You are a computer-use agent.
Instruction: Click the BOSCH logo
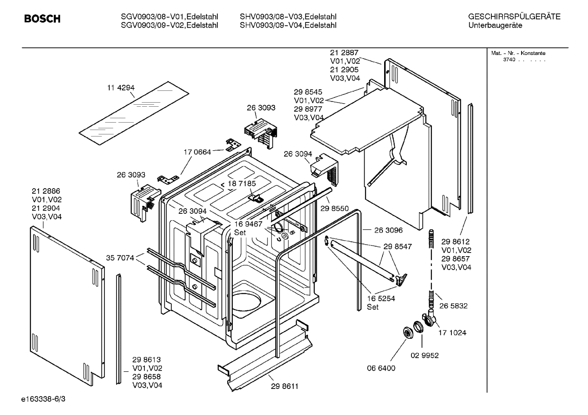pos(42,19)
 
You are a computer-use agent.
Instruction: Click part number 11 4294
pos(121,88)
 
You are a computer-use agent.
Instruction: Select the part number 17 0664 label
pos(197,152)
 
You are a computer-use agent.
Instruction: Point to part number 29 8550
pos(334,209)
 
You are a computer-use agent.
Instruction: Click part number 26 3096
pos(388,230)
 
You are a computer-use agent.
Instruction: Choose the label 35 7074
pos(120,258)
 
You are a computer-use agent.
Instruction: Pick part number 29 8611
pos(284,386)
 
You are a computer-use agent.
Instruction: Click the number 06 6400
pos(381,368)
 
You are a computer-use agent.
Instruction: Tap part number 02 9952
pos(424,355)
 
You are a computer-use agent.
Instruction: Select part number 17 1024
pos(452,332)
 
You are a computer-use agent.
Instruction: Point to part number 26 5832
pos(453,305)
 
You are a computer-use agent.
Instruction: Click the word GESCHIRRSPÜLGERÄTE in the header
pos(514,17)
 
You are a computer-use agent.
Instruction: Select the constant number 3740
pos(509,59)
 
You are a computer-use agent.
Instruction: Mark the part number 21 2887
pos(344,53)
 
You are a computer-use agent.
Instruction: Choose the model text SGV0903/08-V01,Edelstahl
pos(169,17)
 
